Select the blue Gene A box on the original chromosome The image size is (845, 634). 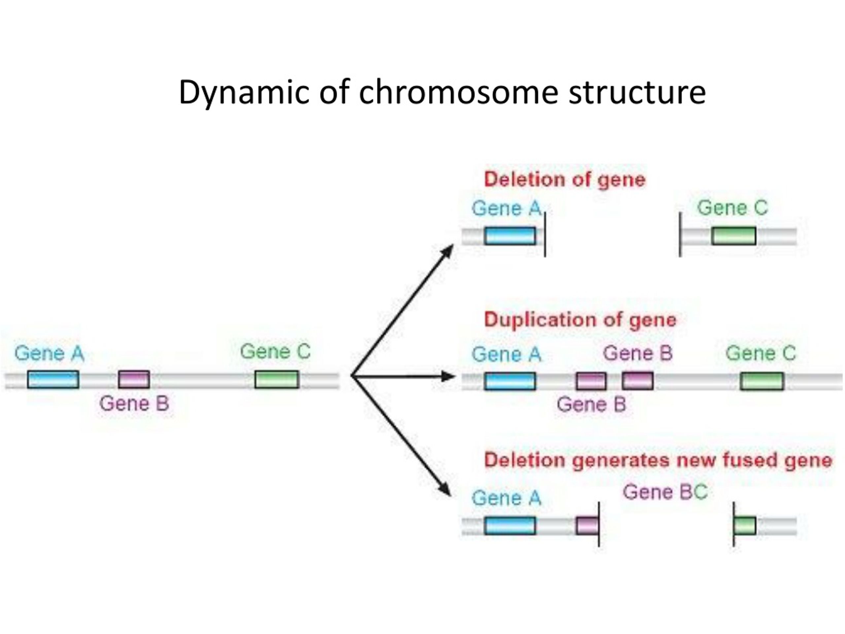(x=53, y=379)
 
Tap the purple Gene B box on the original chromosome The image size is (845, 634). (x=134, y=379)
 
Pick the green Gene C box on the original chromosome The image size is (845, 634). (x=277, y=379)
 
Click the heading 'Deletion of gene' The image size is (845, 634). (x=565, y=179)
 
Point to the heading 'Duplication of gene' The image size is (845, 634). (x=580, y=320)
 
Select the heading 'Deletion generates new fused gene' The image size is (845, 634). (x=658, y=460)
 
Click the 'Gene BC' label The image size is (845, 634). (x=665, y=492)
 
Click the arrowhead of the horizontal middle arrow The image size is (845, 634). (x=448, y=377)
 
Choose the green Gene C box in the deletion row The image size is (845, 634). (x=733, y=236)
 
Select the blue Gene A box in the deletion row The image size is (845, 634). (x=510, y=236)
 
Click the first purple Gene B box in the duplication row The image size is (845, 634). (x=591, y=381)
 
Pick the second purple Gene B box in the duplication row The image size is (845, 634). (x=638, y=381)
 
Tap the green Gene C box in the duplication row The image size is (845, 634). (x=762, y=381)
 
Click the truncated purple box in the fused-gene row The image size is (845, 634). (x=587, y=525)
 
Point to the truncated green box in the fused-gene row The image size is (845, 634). (x=745, y=525)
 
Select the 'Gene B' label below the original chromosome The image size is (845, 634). (x=134, y=404)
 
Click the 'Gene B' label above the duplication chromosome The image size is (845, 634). (x=638, y=353)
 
